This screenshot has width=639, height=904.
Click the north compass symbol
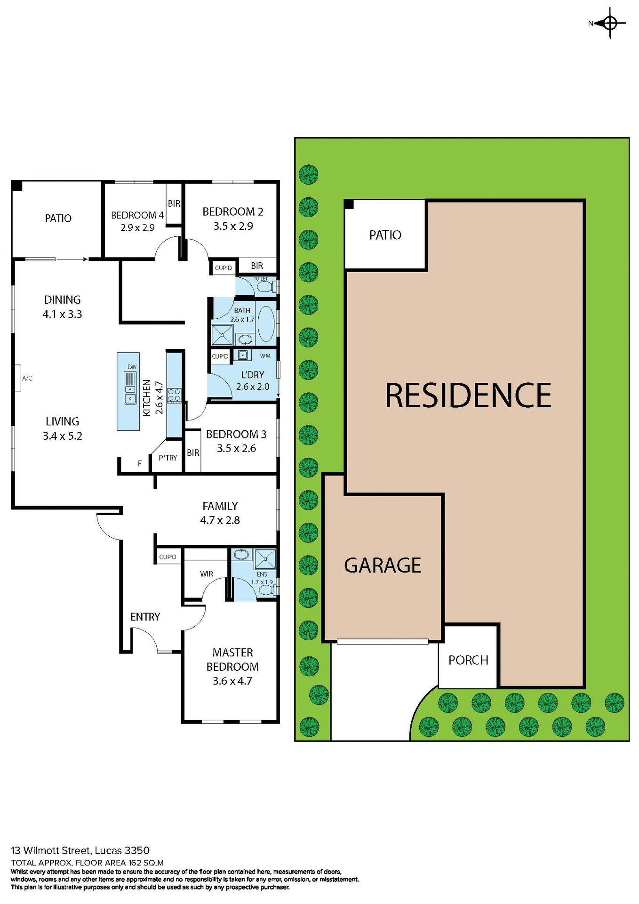coord(610,23)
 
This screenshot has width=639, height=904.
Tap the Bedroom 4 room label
coord(137,215)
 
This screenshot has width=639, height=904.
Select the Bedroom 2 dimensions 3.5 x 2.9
coord(233,226)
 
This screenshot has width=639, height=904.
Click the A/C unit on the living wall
coord(17,378)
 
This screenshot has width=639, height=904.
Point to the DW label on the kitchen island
coord(132,367)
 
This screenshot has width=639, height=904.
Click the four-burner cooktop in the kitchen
coord(174,395)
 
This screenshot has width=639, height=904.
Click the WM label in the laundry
coord(265,356)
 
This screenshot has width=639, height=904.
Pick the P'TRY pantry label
coord(168,458)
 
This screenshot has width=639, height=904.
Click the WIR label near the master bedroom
coord(207,574)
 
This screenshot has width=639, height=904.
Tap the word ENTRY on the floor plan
coord(145,617)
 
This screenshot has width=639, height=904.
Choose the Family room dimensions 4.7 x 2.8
coord(220,520)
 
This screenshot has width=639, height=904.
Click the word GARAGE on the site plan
coord(383,565)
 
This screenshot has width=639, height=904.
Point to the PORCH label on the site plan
coord(468,660)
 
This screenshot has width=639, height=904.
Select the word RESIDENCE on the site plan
coord(468,395)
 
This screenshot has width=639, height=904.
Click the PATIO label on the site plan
coord(385,235)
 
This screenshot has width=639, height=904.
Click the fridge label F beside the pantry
coord(140,464)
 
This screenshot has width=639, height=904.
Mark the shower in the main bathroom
coord(222,335)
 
